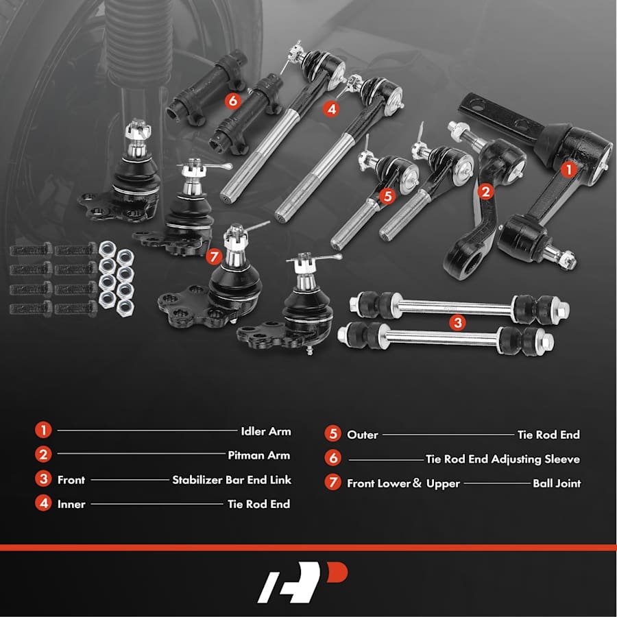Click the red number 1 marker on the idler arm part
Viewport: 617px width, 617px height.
[x=568, y=170]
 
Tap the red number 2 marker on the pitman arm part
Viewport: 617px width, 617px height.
[x=485, y=192]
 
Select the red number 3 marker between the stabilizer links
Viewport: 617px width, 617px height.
[x=458, y=323]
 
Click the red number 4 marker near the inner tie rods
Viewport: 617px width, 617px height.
[x=332, y=108]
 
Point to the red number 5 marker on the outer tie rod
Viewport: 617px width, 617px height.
[x=387, y=196]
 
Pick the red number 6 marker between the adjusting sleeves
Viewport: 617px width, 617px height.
[x=233, y=101]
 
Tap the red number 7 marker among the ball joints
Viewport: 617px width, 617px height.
[x=214, y=257]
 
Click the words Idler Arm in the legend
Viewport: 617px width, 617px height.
[x=266, y=431]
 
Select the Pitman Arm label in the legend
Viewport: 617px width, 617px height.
[x=259, y=455]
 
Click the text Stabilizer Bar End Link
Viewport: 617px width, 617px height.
[x=232, y=480]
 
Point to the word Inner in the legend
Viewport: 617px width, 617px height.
[x=71, y=504]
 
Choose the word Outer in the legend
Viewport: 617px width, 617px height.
[x=363, y=435]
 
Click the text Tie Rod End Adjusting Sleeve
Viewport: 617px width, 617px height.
[x=503, y=459]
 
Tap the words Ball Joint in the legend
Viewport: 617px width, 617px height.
[x=557, y=483]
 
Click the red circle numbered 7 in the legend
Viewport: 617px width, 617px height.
[x=333, y=482]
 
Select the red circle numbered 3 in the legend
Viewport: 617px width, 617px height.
[x=43, y=479]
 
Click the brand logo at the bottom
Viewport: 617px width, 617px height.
[x=302, y=582]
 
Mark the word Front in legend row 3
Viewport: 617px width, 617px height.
[x=71, y=480]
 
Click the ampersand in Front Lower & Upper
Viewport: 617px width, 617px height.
[x=417, y=483]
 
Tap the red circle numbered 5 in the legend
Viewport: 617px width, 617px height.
[x=333, y=434]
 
